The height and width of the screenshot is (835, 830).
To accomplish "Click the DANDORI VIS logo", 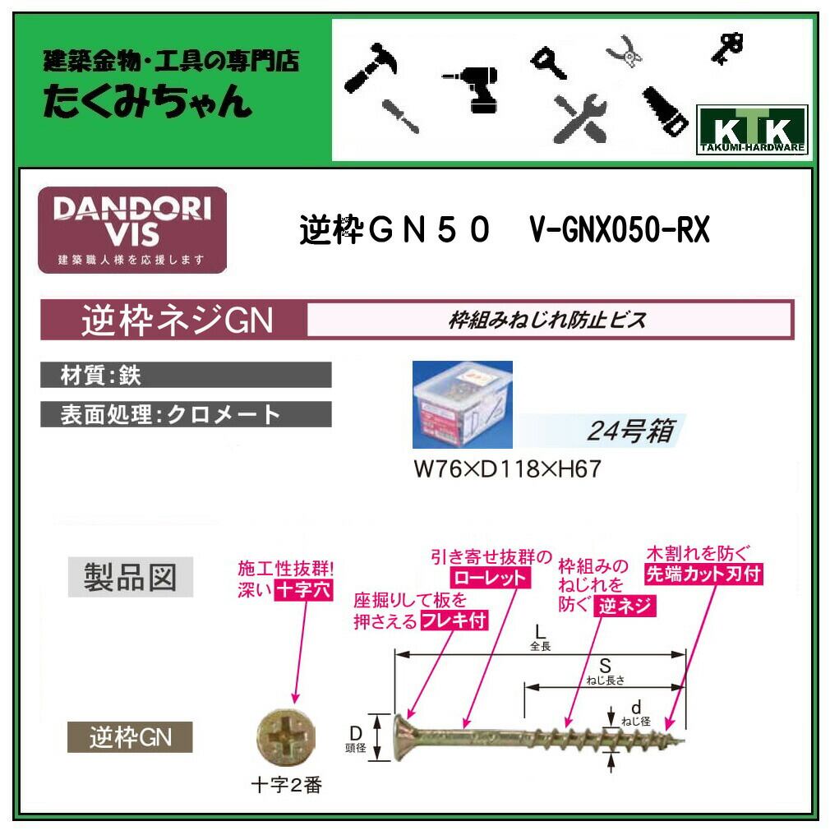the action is point(132,230).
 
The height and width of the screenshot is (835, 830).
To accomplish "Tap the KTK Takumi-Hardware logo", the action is point(751,131).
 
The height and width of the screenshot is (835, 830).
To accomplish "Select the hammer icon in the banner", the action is point(370,62).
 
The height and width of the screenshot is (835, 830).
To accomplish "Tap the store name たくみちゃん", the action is point(147,103).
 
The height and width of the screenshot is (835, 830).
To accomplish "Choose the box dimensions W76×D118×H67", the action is point(507,468).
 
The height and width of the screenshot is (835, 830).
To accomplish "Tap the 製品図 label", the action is point(130,577).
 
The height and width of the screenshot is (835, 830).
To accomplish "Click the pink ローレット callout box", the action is point(490,578).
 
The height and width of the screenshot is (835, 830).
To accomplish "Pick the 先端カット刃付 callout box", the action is point(703,574).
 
